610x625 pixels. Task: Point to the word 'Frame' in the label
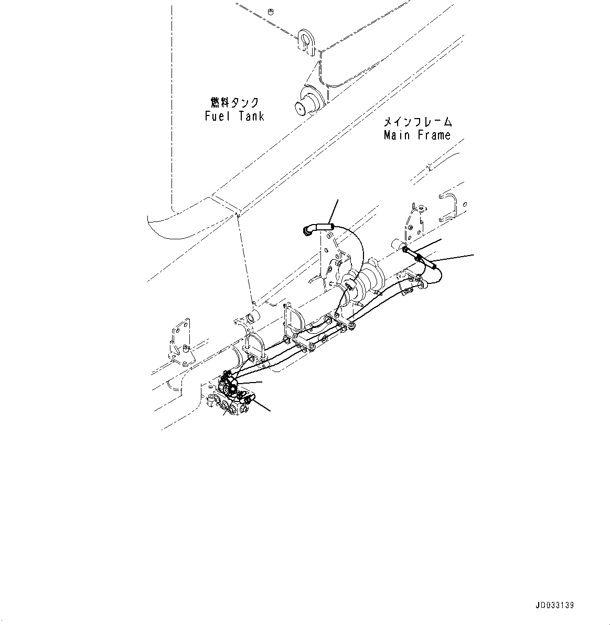pos(434,135)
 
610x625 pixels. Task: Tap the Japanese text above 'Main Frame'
pos(418,122)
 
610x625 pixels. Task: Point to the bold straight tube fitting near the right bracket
pos(420,257)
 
